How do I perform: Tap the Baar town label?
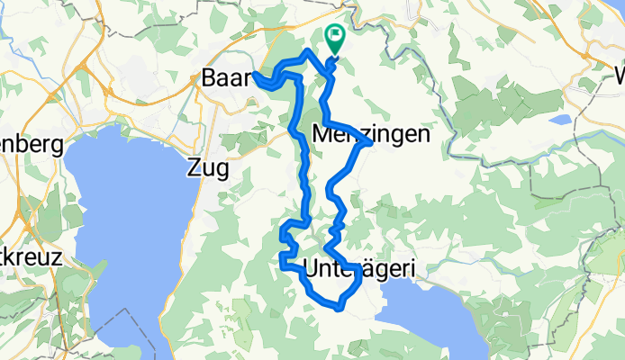(223, 81)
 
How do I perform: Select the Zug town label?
(208, 167)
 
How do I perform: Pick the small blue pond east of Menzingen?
(561, 119)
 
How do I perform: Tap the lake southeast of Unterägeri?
(432, 315)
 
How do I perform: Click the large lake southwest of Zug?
(108, 234)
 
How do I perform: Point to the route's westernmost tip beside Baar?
(256, 75)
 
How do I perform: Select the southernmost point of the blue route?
(340, 309)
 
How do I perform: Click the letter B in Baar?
(208, 81)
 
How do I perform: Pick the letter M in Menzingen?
(321, 134)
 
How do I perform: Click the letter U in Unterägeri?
(312, 267)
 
